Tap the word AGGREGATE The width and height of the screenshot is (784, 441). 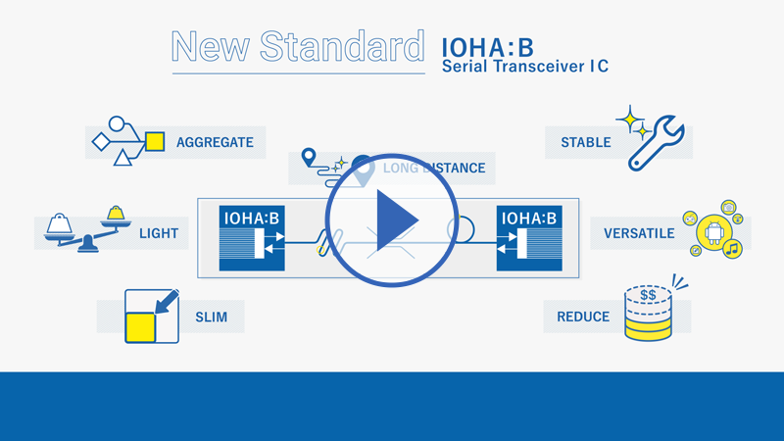pos(215,142)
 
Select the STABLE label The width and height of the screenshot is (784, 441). pos(586,142)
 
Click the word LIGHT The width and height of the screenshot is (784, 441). pos(159,233)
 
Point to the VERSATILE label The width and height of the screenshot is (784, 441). pos(639,233)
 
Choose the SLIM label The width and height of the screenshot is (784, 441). pos(212,317)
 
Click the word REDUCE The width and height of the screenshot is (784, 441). pos(583,317)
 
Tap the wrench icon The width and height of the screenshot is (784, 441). pos(656,143)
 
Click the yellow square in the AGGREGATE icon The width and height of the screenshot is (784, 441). pos(155,141)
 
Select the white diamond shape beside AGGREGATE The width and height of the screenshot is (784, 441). pos(101,141)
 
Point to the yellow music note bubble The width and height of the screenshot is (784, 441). pos(732,249)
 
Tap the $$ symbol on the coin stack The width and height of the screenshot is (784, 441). pos(648,295)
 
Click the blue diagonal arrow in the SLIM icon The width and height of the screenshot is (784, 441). pos(167,302)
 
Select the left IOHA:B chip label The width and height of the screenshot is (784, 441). pos(252,219)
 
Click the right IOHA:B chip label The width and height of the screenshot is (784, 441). pos(529,219)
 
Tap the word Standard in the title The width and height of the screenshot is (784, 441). pos(342,46)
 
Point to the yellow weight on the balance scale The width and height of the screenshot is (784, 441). pos(116,213)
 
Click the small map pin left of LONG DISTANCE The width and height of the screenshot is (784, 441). pos(309,157)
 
